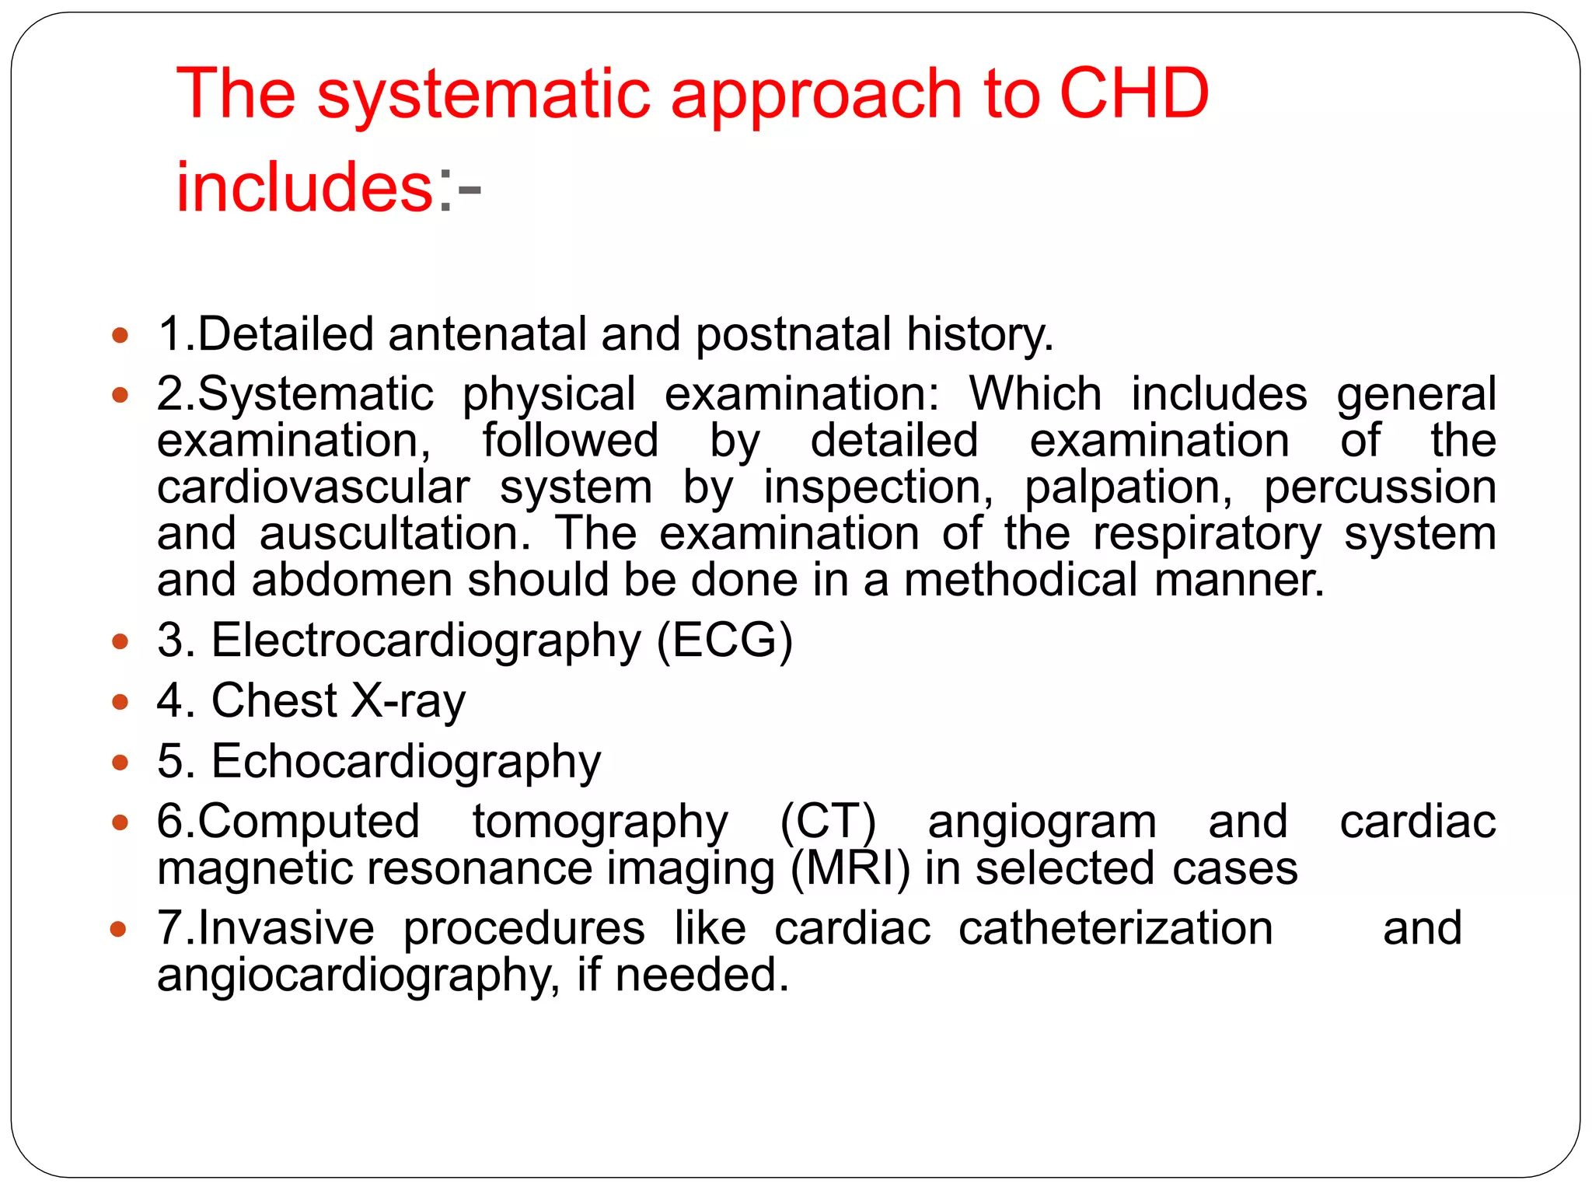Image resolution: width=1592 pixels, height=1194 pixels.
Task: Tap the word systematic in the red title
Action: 483,94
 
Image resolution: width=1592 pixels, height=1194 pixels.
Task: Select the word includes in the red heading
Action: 304,187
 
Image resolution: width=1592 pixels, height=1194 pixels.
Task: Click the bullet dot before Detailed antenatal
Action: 120,336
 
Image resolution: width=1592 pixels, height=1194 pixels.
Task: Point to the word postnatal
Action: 793,334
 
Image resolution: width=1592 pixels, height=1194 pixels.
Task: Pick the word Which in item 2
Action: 1035,393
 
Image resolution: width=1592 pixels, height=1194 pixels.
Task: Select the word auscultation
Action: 396,534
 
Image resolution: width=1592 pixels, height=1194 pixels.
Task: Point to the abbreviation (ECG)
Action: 724,641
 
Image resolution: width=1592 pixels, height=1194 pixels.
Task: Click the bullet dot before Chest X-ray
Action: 120,702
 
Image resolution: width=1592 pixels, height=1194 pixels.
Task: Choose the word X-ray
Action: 408,701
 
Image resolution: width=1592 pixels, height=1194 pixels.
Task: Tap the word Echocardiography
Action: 406,762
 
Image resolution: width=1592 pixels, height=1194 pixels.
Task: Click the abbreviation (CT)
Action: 828,822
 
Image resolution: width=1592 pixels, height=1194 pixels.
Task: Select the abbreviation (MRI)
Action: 850,868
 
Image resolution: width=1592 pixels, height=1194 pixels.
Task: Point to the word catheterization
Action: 1115,928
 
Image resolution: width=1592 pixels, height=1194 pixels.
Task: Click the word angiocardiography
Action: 358,976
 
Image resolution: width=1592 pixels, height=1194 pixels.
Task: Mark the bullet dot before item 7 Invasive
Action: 120,929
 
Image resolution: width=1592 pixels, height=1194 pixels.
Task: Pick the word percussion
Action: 1380,488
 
